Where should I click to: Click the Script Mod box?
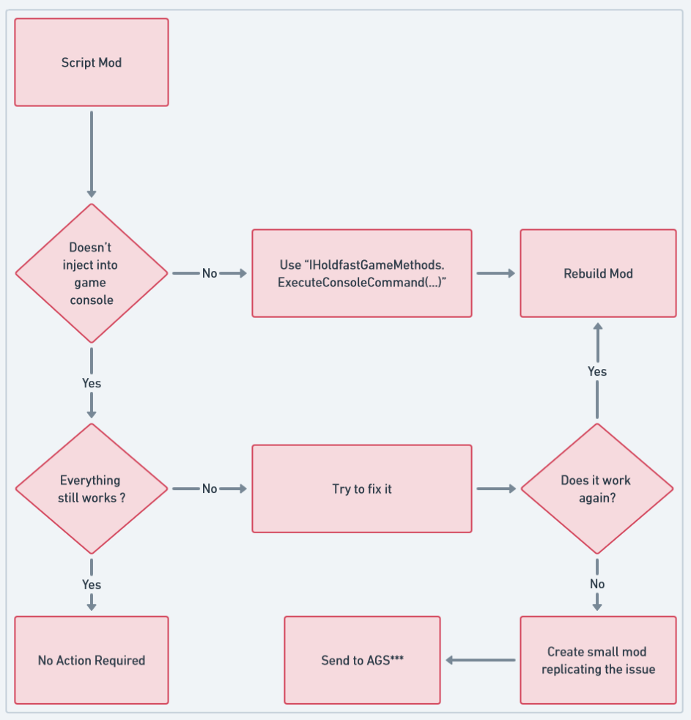(x=92, y=62)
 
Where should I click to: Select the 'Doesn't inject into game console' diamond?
(x=92, y=273)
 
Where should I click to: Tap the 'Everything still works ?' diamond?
(x=92, y=489)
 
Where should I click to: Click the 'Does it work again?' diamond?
(x=596, y=489)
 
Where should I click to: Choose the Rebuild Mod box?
(x=598, y=273)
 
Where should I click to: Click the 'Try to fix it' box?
(x=362, y=489)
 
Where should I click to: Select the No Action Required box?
(x=92, y=660)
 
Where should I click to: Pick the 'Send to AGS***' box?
(x=362, y=660)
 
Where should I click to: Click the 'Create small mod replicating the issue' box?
(x=598, y=660)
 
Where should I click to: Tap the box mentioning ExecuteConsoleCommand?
(x=362, y=273)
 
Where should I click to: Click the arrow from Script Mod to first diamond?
(x=92, y=154)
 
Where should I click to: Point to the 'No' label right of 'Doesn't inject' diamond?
(x=210, y=273)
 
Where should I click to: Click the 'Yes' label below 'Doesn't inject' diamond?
(x=92, y=383)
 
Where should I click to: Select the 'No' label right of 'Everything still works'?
(x=210, y=489)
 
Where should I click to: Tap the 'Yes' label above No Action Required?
(x=92, y=584)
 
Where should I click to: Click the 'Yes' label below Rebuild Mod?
(x=597, y=371)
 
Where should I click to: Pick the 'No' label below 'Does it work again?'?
(x=597, y=584)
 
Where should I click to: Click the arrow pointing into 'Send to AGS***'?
(x=480, y=660)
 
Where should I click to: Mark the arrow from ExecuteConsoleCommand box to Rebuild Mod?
(x=496, y=273)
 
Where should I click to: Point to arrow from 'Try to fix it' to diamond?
(x=496, y=489)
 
